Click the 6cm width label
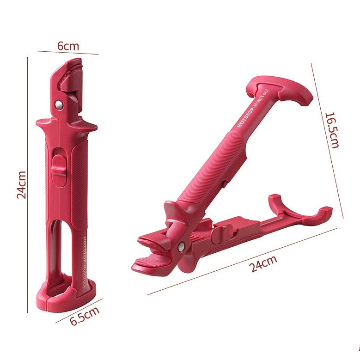68,46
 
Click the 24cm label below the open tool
263,264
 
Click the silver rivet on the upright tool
59,104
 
